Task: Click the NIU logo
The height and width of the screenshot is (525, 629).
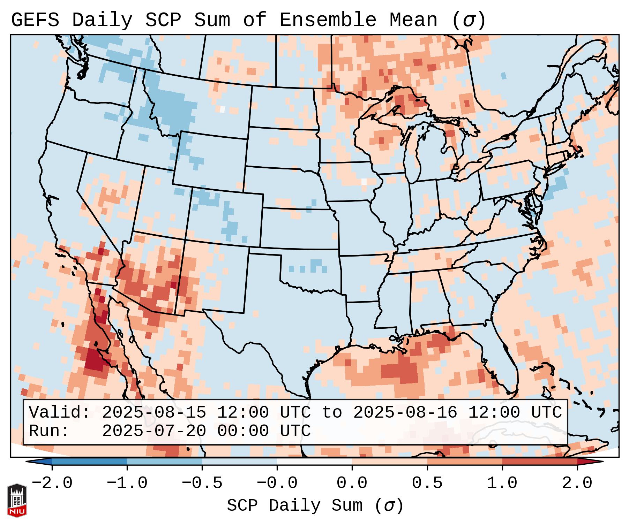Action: point(17,500)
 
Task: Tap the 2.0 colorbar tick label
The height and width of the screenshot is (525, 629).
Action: point(577,483)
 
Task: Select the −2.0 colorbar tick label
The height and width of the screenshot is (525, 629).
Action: point(52,483)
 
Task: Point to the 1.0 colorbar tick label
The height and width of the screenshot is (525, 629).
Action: point(502,483)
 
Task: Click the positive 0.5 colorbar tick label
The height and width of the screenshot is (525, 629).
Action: point(427,483)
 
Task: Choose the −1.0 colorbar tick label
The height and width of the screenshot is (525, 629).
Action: point(127,483)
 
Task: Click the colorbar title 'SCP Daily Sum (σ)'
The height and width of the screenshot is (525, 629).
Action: point(315,506)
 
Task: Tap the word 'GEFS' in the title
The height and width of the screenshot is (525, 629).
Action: point(35,20)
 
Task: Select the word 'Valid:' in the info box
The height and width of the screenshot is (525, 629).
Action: point(60,413)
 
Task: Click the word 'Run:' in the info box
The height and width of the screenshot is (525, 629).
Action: point(49,431)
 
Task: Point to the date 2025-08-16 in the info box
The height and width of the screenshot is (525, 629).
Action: point(405,413)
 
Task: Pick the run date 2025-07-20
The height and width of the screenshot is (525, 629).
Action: point(154,431)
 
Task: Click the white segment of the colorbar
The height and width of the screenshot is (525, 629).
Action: point(314,462)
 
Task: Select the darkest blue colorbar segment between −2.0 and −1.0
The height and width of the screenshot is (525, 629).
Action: point(89,462)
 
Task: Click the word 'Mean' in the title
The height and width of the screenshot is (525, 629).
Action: point(413,20)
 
